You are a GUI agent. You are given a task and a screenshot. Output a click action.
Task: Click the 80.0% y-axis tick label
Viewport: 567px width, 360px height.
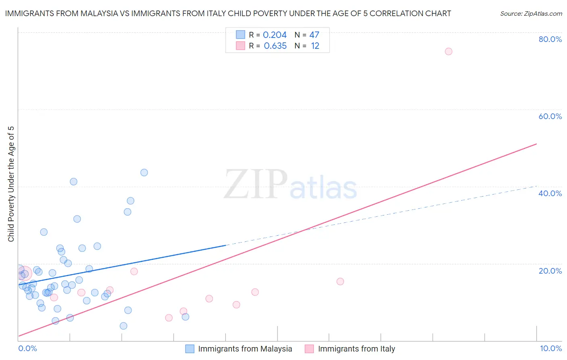pyautogui.click(x=550, y=39)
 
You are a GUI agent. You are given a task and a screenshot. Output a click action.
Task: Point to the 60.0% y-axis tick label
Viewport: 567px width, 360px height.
pyautogui.click(x=550, y=116)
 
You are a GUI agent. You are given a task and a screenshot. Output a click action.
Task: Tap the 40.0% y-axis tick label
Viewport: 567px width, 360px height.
pyautogui.click(x=550, y=193)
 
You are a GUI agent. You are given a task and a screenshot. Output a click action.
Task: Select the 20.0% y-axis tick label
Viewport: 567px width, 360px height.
pyautogui.click(x=550, y=271)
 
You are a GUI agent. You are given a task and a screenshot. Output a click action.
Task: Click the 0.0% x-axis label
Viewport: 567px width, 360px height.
pyautogui.click(x=27, y=348)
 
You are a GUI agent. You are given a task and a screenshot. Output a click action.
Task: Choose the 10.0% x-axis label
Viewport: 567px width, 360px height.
pyautogui.click(x=550, y=348)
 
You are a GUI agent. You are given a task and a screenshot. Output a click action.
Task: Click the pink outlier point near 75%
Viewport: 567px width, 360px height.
pyautogui.click(x=448, y=51)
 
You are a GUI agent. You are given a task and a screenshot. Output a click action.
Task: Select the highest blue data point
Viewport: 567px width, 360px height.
pyautogui.click(x=144, y=172)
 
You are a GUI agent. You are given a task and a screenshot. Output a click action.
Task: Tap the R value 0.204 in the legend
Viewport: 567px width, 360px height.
pyautogui.click(x=275, y=35)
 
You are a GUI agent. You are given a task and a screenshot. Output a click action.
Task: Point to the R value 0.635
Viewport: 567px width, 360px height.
pyautogui.click(x=275, y=46)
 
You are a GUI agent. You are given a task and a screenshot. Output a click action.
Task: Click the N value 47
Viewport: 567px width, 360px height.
pyautogui.click(x=314, y=35)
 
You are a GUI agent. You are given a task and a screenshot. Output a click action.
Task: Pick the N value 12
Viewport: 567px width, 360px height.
pyautogui.click(x=315, y=46)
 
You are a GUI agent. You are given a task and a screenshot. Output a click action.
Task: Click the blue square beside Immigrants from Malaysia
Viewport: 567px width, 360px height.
pyautogui.click(x=190, y=349)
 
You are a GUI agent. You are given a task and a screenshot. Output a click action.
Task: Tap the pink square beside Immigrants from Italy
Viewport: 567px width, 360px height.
pyautogui.click(x=309, y=349)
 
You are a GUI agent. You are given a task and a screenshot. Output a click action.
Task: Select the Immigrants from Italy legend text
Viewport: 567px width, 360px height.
pyautogui.click(x=356, y=349)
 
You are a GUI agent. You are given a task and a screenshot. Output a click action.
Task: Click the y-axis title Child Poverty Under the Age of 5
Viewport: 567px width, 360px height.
pyautogui.click(x=11, y=184)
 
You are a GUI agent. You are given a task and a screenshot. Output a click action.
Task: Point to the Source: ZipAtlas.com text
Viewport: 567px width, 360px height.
pyautogui.click(x=531, y=14)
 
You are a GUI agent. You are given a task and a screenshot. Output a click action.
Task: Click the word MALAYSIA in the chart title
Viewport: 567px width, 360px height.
pyautogui.click(x=98, y=13)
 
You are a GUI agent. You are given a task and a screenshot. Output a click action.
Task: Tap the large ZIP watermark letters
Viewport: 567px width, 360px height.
pyautogui.click(x=256, y=184)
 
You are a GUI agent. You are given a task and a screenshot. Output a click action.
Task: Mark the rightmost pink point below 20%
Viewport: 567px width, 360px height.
pyautogui.click(x=340, y=281)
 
